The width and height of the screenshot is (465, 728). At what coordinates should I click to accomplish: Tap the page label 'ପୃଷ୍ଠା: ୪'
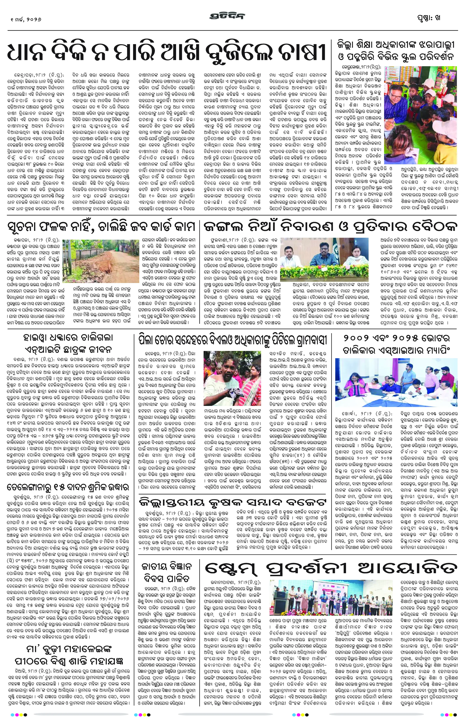(x=429, y=18)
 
